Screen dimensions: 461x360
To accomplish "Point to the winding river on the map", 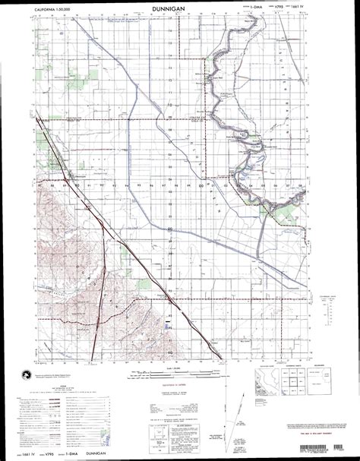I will (229, 106).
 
